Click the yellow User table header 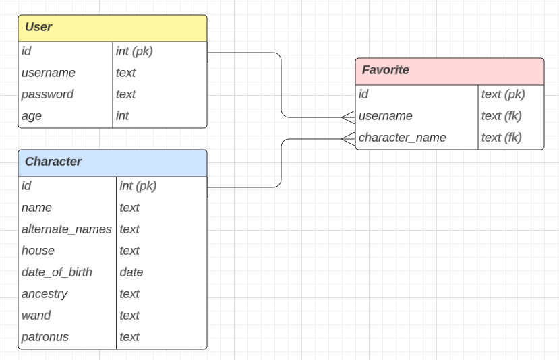[112, 28]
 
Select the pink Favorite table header [449, 71]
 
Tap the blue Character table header [112, 162]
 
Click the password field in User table [47, 94]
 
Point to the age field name [32, 116]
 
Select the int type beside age [123, 116]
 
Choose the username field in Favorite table [386, 116]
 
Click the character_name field [403, 138]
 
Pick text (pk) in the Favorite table [503, 94]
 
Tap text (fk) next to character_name [502, 138]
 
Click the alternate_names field [67, 229]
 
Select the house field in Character [38, 251]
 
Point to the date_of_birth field [57, 272]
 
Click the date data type [131, 272]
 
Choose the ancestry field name [45, 294]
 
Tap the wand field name [36, 316]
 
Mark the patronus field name [45, 337]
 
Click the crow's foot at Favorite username [348, 117]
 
